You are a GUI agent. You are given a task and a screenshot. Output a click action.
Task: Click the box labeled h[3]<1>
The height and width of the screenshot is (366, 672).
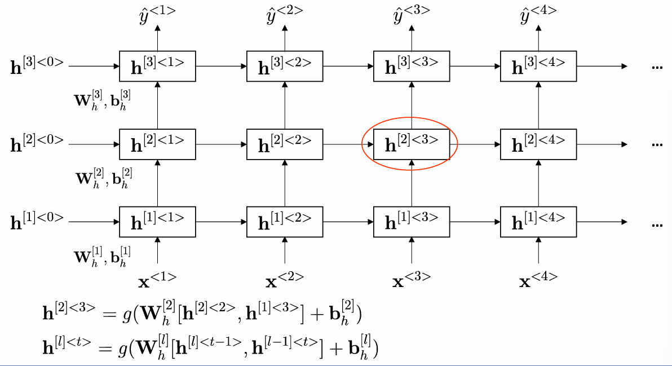(157, 66)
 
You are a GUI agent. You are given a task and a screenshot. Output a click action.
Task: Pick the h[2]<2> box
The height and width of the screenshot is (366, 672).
(284, 144)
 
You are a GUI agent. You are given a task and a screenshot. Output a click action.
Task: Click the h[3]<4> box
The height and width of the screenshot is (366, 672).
(538, 66)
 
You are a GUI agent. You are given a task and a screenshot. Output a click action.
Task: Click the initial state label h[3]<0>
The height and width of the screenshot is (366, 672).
(37, 67)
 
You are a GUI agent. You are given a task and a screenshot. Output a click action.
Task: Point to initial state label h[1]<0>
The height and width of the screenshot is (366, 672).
(37, 222)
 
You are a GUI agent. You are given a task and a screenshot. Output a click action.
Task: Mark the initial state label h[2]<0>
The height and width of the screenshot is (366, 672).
(37, 144)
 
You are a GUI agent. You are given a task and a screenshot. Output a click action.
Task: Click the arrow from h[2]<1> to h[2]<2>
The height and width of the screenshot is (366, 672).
(221, 144)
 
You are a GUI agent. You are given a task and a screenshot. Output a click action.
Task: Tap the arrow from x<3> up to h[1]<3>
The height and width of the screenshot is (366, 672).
(412, 252)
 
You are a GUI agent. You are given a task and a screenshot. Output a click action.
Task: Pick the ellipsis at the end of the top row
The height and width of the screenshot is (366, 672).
(656, 67)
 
